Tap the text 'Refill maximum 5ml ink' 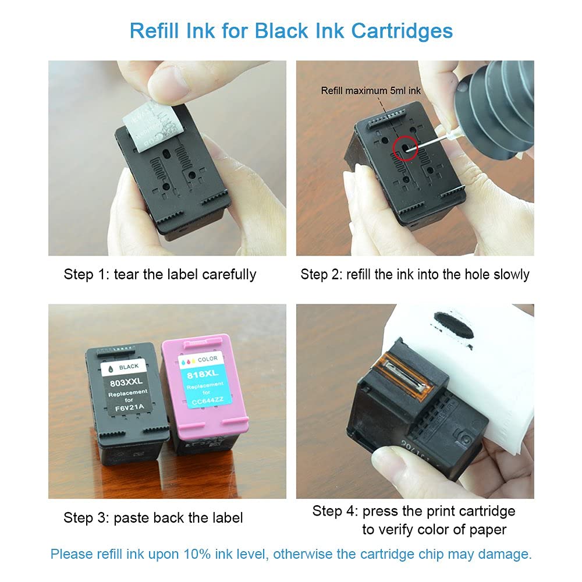point(371,91)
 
